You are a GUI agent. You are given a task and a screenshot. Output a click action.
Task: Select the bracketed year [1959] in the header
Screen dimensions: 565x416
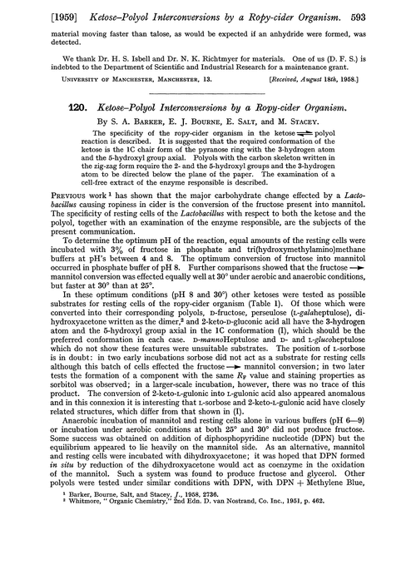(x=32, y=12)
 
